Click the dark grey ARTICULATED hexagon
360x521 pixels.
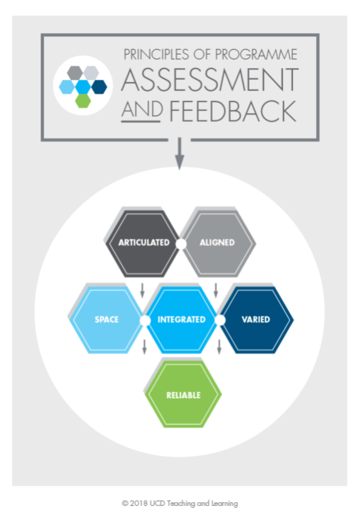(x=143, y=243)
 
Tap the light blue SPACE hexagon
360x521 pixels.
(x=106, y=319)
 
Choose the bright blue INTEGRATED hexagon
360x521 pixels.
(x=182, y=319)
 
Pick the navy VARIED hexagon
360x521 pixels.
(x=256, y=319)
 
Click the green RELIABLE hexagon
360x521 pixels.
(x=183, y=394)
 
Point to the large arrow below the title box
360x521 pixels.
(x=179, y=153)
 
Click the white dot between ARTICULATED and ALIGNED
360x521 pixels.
(x=181, y=244)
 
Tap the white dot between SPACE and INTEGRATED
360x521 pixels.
(x=145, y=321)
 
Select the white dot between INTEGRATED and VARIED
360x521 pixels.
(x=220, y=321)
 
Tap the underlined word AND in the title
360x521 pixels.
(x=141, y=110)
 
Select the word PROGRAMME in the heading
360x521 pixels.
(x=255, y=54)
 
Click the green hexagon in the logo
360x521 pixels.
(x=83, y=101)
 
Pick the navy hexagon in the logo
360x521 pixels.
(x=99, y=87)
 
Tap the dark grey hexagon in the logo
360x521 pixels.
(x=75, y=73)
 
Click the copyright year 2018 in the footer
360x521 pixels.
(x=138, y=503)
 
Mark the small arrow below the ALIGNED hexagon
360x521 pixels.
(x=216, y=291)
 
